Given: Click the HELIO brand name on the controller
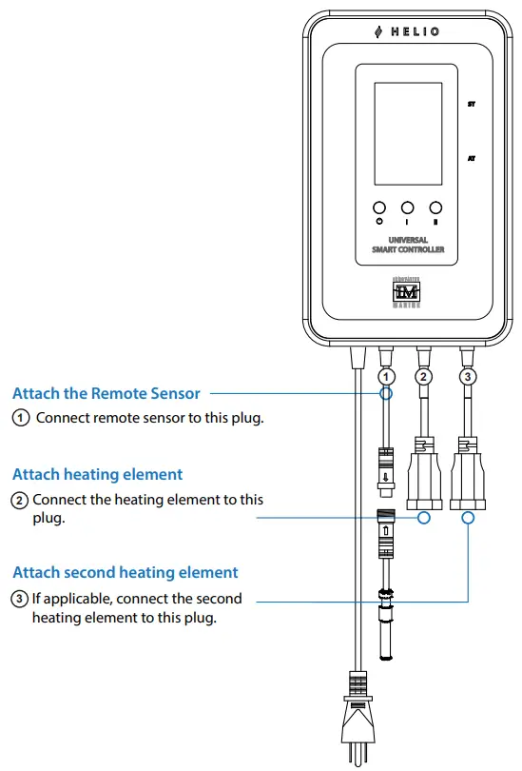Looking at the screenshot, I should tap(408, 31).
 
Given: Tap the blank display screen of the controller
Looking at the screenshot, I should tap(408, 133).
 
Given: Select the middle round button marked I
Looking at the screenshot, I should tap(407, 208).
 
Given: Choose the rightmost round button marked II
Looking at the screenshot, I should tap(436, 208).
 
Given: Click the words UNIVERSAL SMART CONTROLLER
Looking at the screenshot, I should tap(407, 245).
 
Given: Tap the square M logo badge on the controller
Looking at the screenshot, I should tap(407, 290).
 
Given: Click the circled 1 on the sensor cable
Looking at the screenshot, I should tap(386, 377).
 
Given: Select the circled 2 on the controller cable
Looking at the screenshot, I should tap(424, 377).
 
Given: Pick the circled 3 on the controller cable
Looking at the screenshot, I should tap(467, 377).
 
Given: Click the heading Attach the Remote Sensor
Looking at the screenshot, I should tap(106, 393).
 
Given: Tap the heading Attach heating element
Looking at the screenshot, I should tap(97, 474).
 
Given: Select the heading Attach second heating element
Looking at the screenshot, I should tap(125, 572).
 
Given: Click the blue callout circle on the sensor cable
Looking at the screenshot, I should tap(386, 393).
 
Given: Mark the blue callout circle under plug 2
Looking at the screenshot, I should tap(424, 518).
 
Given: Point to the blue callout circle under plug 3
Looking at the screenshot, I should tap(467, 518).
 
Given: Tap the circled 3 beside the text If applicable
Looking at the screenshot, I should tap(19, 599).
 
